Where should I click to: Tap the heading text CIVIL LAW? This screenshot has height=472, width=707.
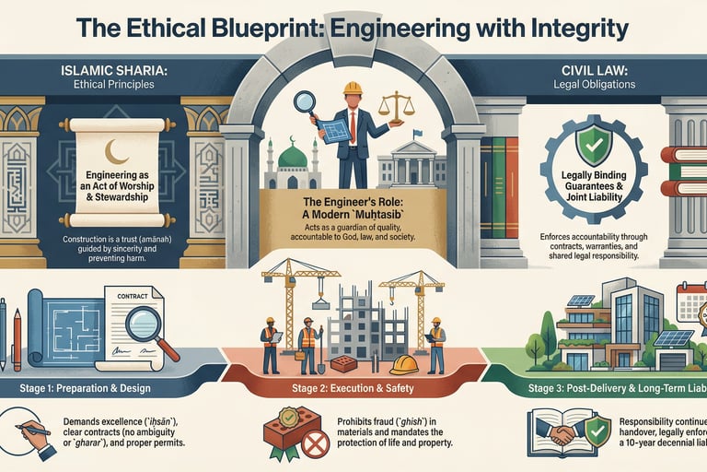[602, 69]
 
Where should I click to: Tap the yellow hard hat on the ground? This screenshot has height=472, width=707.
[403, 365]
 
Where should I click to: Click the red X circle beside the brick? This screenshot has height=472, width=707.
[316, 445]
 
